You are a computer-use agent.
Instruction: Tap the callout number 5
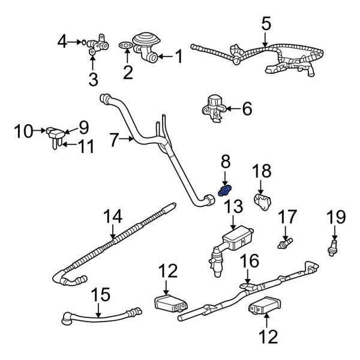point(266,25)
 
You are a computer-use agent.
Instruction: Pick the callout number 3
point(92,79)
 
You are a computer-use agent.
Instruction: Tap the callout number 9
point(83,127)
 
